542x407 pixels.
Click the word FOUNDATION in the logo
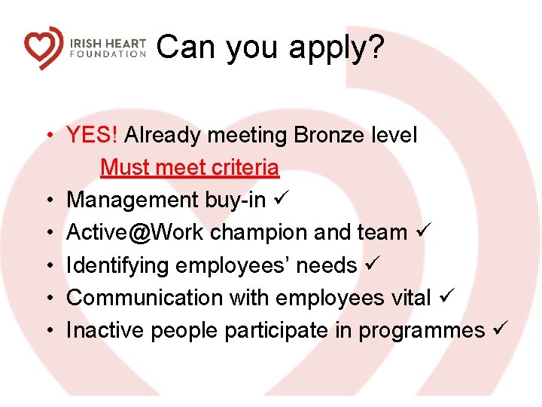pos(108,54)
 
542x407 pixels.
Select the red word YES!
pos(93,136)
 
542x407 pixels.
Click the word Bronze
pos(328,136)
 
